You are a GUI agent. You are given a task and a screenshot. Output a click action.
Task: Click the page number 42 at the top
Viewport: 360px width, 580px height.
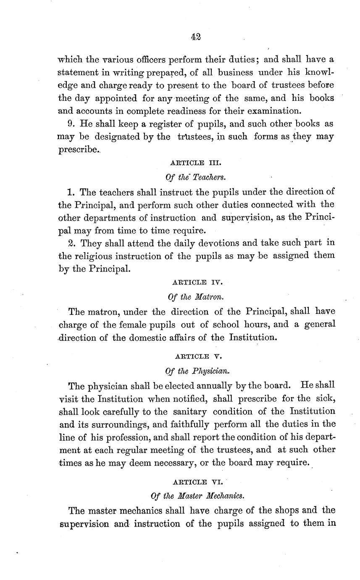pos(195,37)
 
